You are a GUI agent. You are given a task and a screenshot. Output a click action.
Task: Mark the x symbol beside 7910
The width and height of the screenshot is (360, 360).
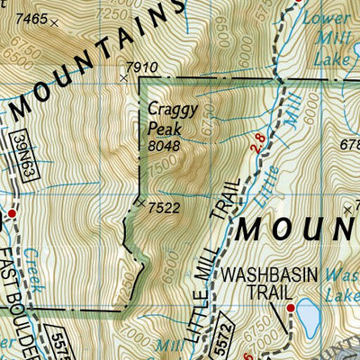[124, 78]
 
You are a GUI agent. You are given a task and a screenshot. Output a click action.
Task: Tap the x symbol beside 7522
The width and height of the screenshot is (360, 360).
[141, 204]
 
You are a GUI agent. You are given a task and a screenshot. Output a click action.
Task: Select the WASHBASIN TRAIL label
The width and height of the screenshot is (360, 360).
[259, 282]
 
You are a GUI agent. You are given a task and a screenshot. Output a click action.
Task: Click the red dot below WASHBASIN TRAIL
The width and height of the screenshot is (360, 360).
[290, 309]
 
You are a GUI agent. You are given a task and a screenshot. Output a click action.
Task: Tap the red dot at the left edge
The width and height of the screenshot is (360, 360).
[13, 213]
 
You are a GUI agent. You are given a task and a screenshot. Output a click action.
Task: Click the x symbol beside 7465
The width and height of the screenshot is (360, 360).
[53, 24]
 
